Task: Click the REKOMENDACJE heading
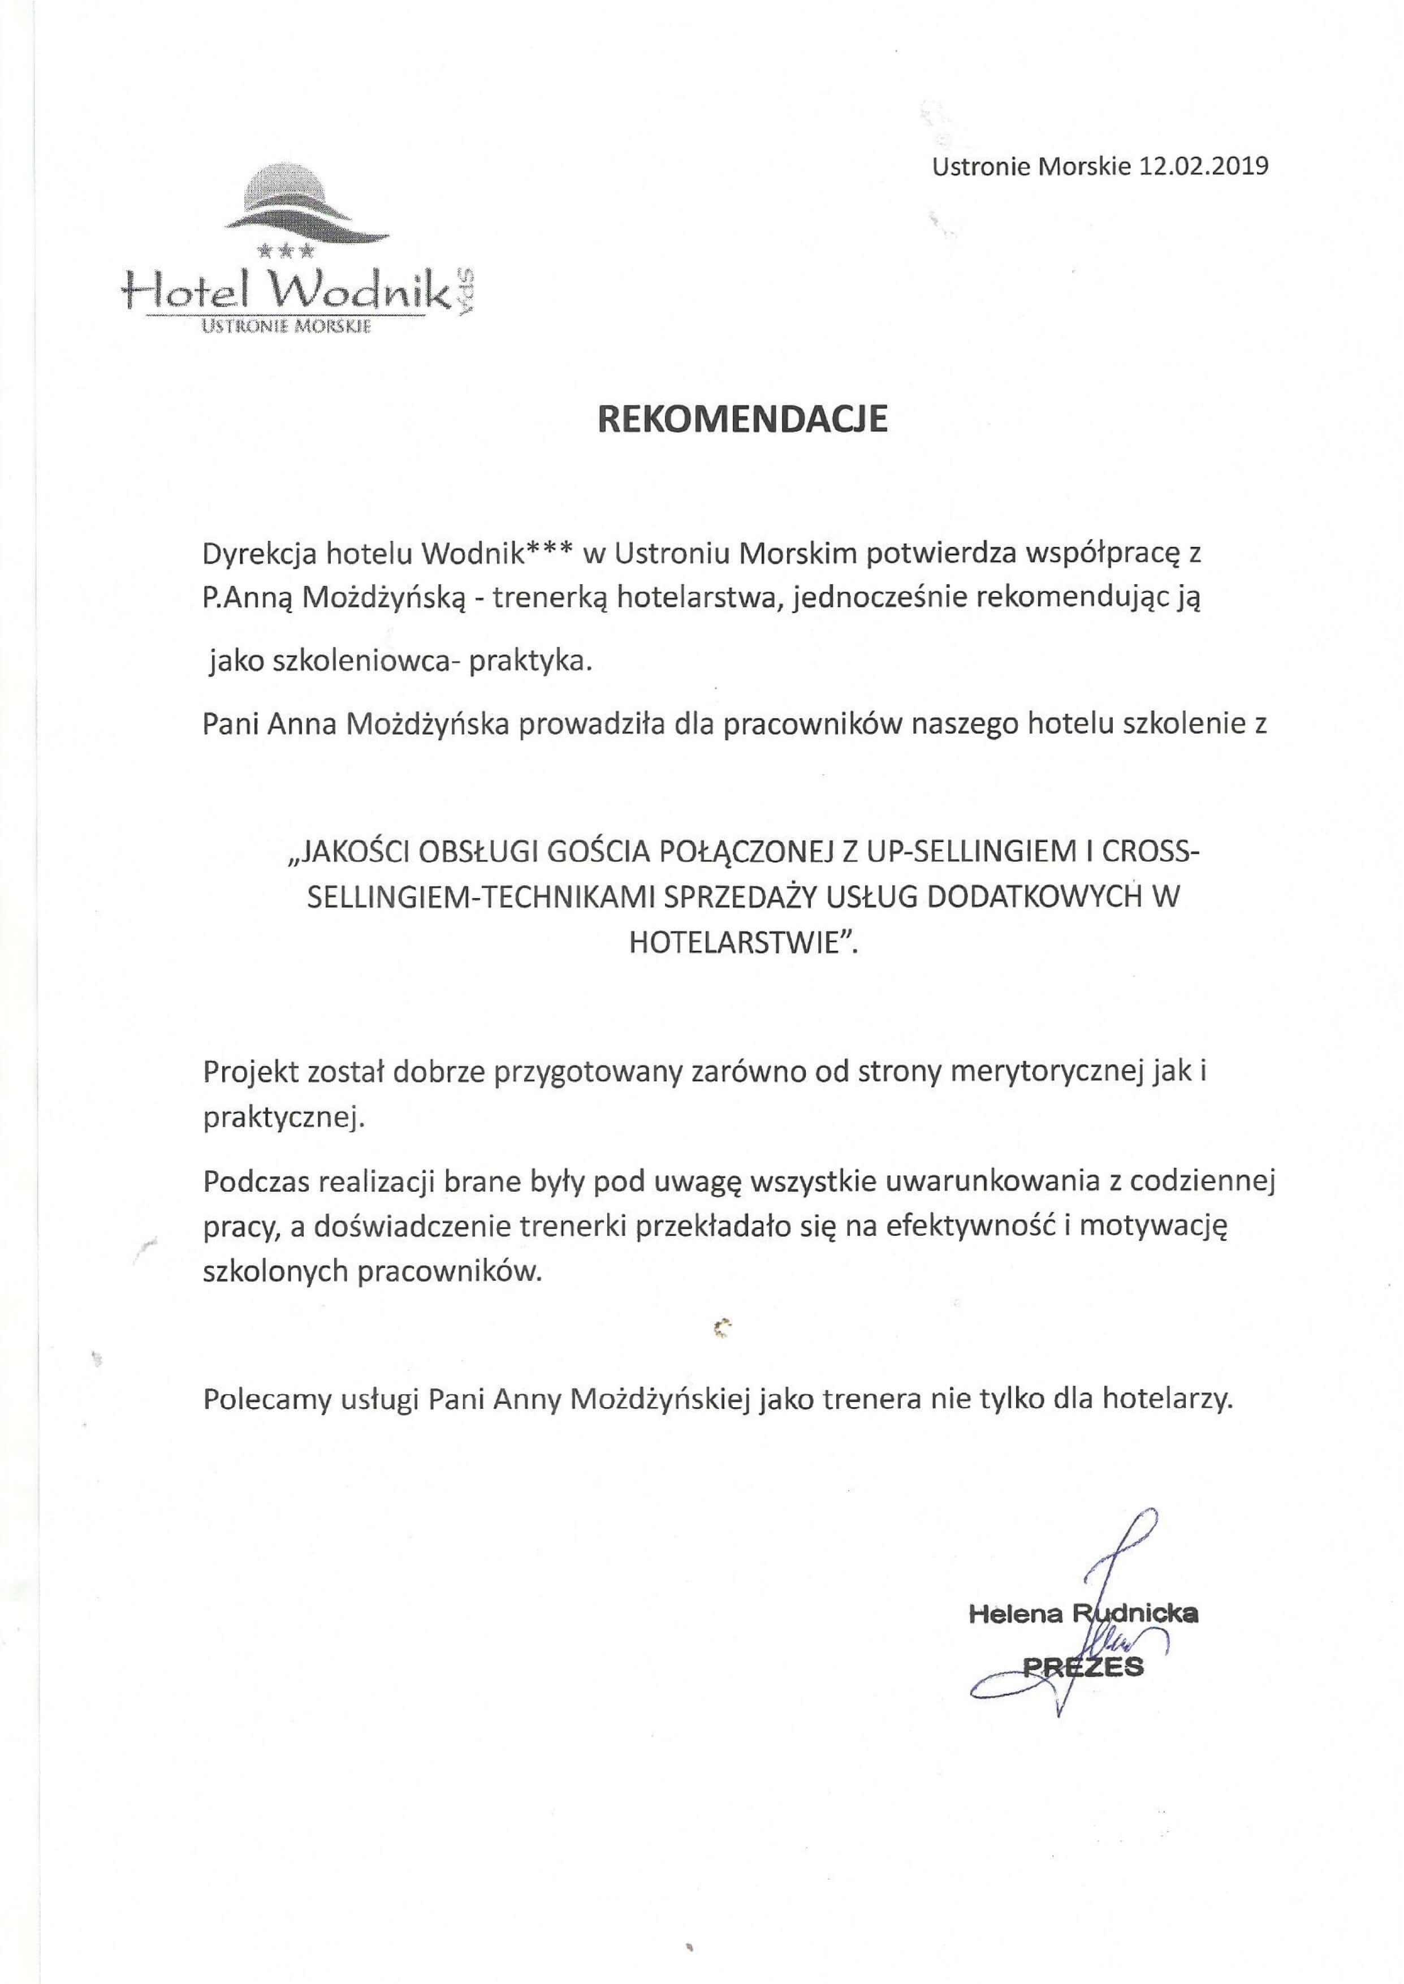744,419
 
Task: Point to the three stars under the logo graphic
286,252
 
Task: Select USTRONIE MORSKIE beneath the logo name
286,327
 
